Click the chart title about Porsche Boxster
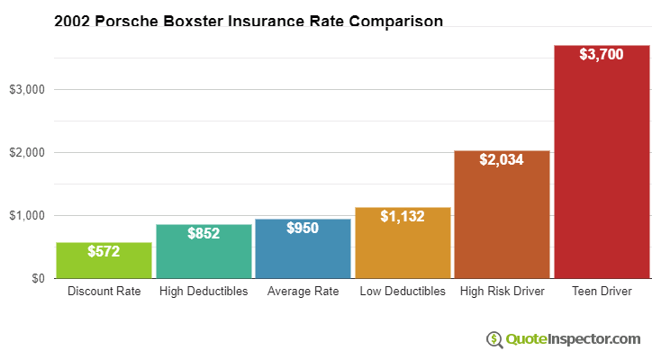click(249, 22)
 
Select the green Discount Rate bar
click(104, 260)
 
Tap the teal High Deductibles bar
click(204, 251)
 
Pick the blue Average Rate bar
click(303, 248)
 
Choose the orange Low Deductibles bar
click(403, 243)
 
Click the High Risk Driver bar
click(502, 214)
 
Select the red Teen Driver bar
click(602, 162)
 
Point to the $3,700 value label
click(602, 54)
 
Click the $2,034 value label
click(502, 159)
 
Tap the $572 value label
click(104, 251)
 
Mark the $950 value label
click(303, 228)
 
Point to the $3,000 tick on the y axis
click(27, 89)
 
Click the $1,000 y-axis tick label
click(27, 215)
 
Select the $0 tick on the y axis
click(38, 278)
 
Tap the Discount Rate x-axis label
click(104, 291)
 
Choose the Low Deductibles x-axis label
click(403, 291)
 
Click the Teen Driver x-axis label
click(602, 291)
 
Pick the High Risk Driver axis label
click(503, 291)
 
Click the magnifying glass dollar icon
click(494, 339)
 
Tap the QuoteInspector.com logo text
click(573, 339)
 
